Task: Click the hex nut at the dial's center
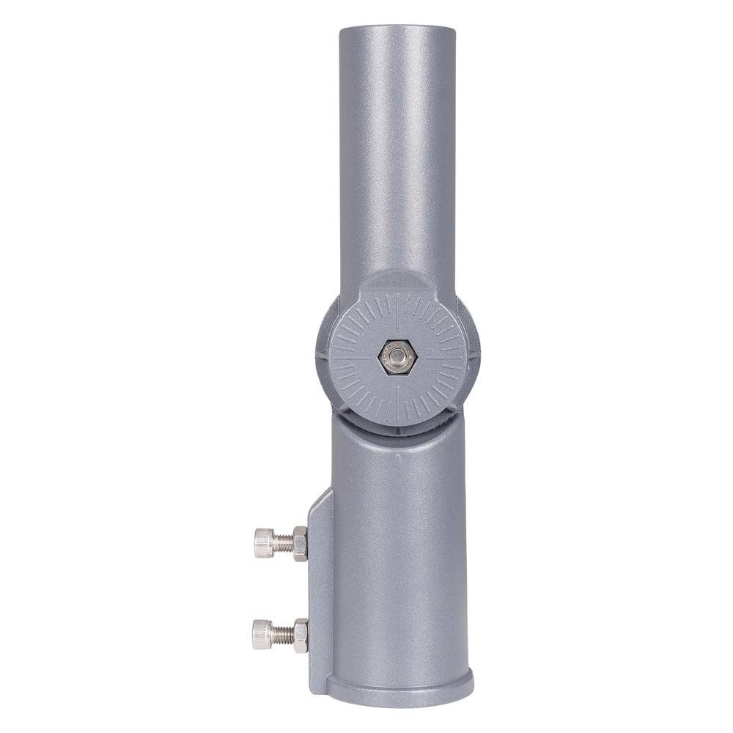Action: (x=397, y=358)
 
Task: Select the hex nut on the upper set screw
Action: (x=299, y=543)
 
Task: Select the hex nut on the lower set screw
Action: (x=300, y=634)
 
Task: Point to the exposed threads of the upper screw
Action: (x=283, y=543)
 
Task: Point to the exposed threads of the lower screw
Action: (x=282, y=634)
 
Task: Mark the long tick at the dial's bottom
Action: (x=397, y=403)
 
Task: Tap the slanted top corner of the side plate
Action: (x=320, y=500)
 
